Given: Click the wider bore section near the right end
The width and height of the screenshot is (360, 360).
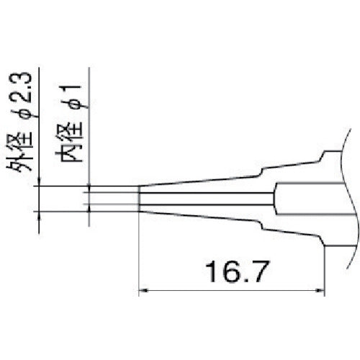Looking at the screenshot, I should point(310,199).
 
